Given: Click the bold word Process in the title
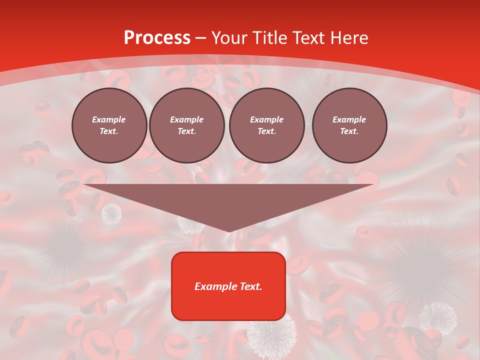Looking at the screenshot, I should [x=157, y=38].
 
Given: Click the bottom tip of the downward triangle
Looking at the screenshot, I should [x=229, y=230].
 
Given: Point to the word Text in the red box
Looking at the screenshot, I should [x=251, y=286].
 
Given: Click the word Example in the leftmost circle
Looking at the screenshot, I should [x=109, y=119].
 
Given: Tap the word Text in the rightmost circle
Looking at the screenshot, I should [x=349, y=131].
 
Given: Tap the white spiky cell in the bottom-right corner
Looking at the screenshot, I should [x=437, y=317].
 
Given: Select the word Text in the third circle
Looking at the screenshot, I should [x=266, y=131].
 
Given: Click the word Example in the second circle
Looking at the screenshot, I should [x=186, y=119].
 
